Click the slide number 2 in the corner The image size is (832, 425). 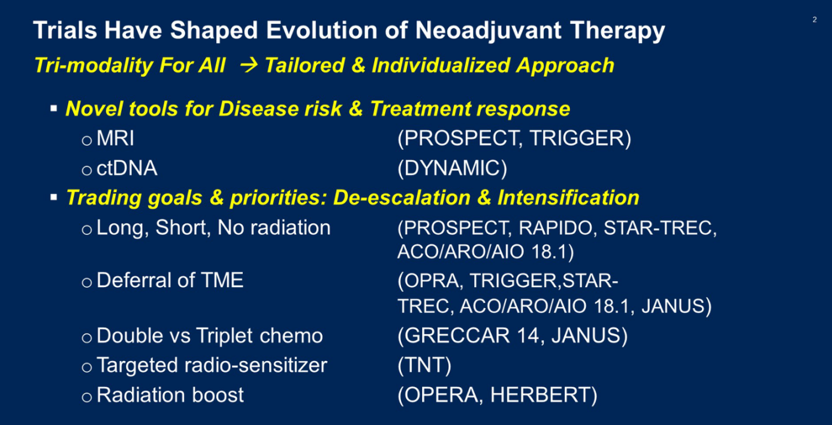click(x=815, y=20)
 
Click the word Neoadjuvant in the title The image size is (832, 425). click(x=488, y=30)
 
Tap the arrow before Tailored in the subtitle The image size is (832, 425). click(x=249, y=65)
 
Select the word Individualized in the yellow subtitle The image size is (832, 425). click(x=441, y=65)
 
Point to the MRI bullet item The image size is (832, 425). click(x=115, y=138)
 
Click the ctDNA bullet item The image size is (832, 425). click(x=126, y=168)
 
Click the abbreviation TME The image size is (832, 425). click(x=222, y=280)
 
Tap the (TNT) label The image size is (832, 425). click(x=424, y=365)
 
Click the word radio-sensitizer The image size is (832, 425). click(x=256, y=365)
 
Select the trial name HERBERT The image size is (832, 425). click(x=540, y=395)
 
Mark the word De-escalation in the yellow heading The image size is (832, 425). click(x=402, y=197)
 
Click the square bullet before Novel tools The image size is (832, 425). click(x=54, y=108)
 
